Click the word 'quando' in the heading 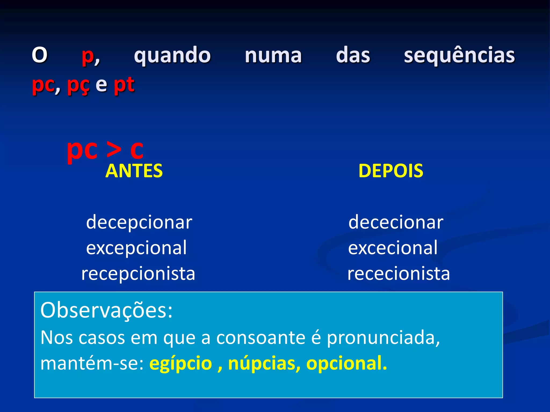[x=172, y=56]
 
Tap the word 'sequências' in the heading [x=459, y=56]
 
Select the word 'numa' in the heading [x=273, y=56]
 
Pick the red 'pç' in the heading [x=78, y=85]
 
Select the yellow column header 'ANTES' [x=134, y=171]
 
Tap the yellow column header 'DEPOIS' [x=391, y=171]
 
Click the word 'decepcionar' [x=139, y=222]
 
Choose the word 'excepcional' [x=136, y=248]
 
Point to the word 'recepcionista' [x=138, y=274]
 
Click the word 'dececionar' [x=396, y=222]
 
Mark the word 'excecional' [x=393, y=248]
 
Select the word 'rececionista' [x=399, y=274]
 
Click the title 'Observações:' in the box [x=106, y=310]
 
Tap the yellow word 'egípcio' [x=181, y=363]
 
